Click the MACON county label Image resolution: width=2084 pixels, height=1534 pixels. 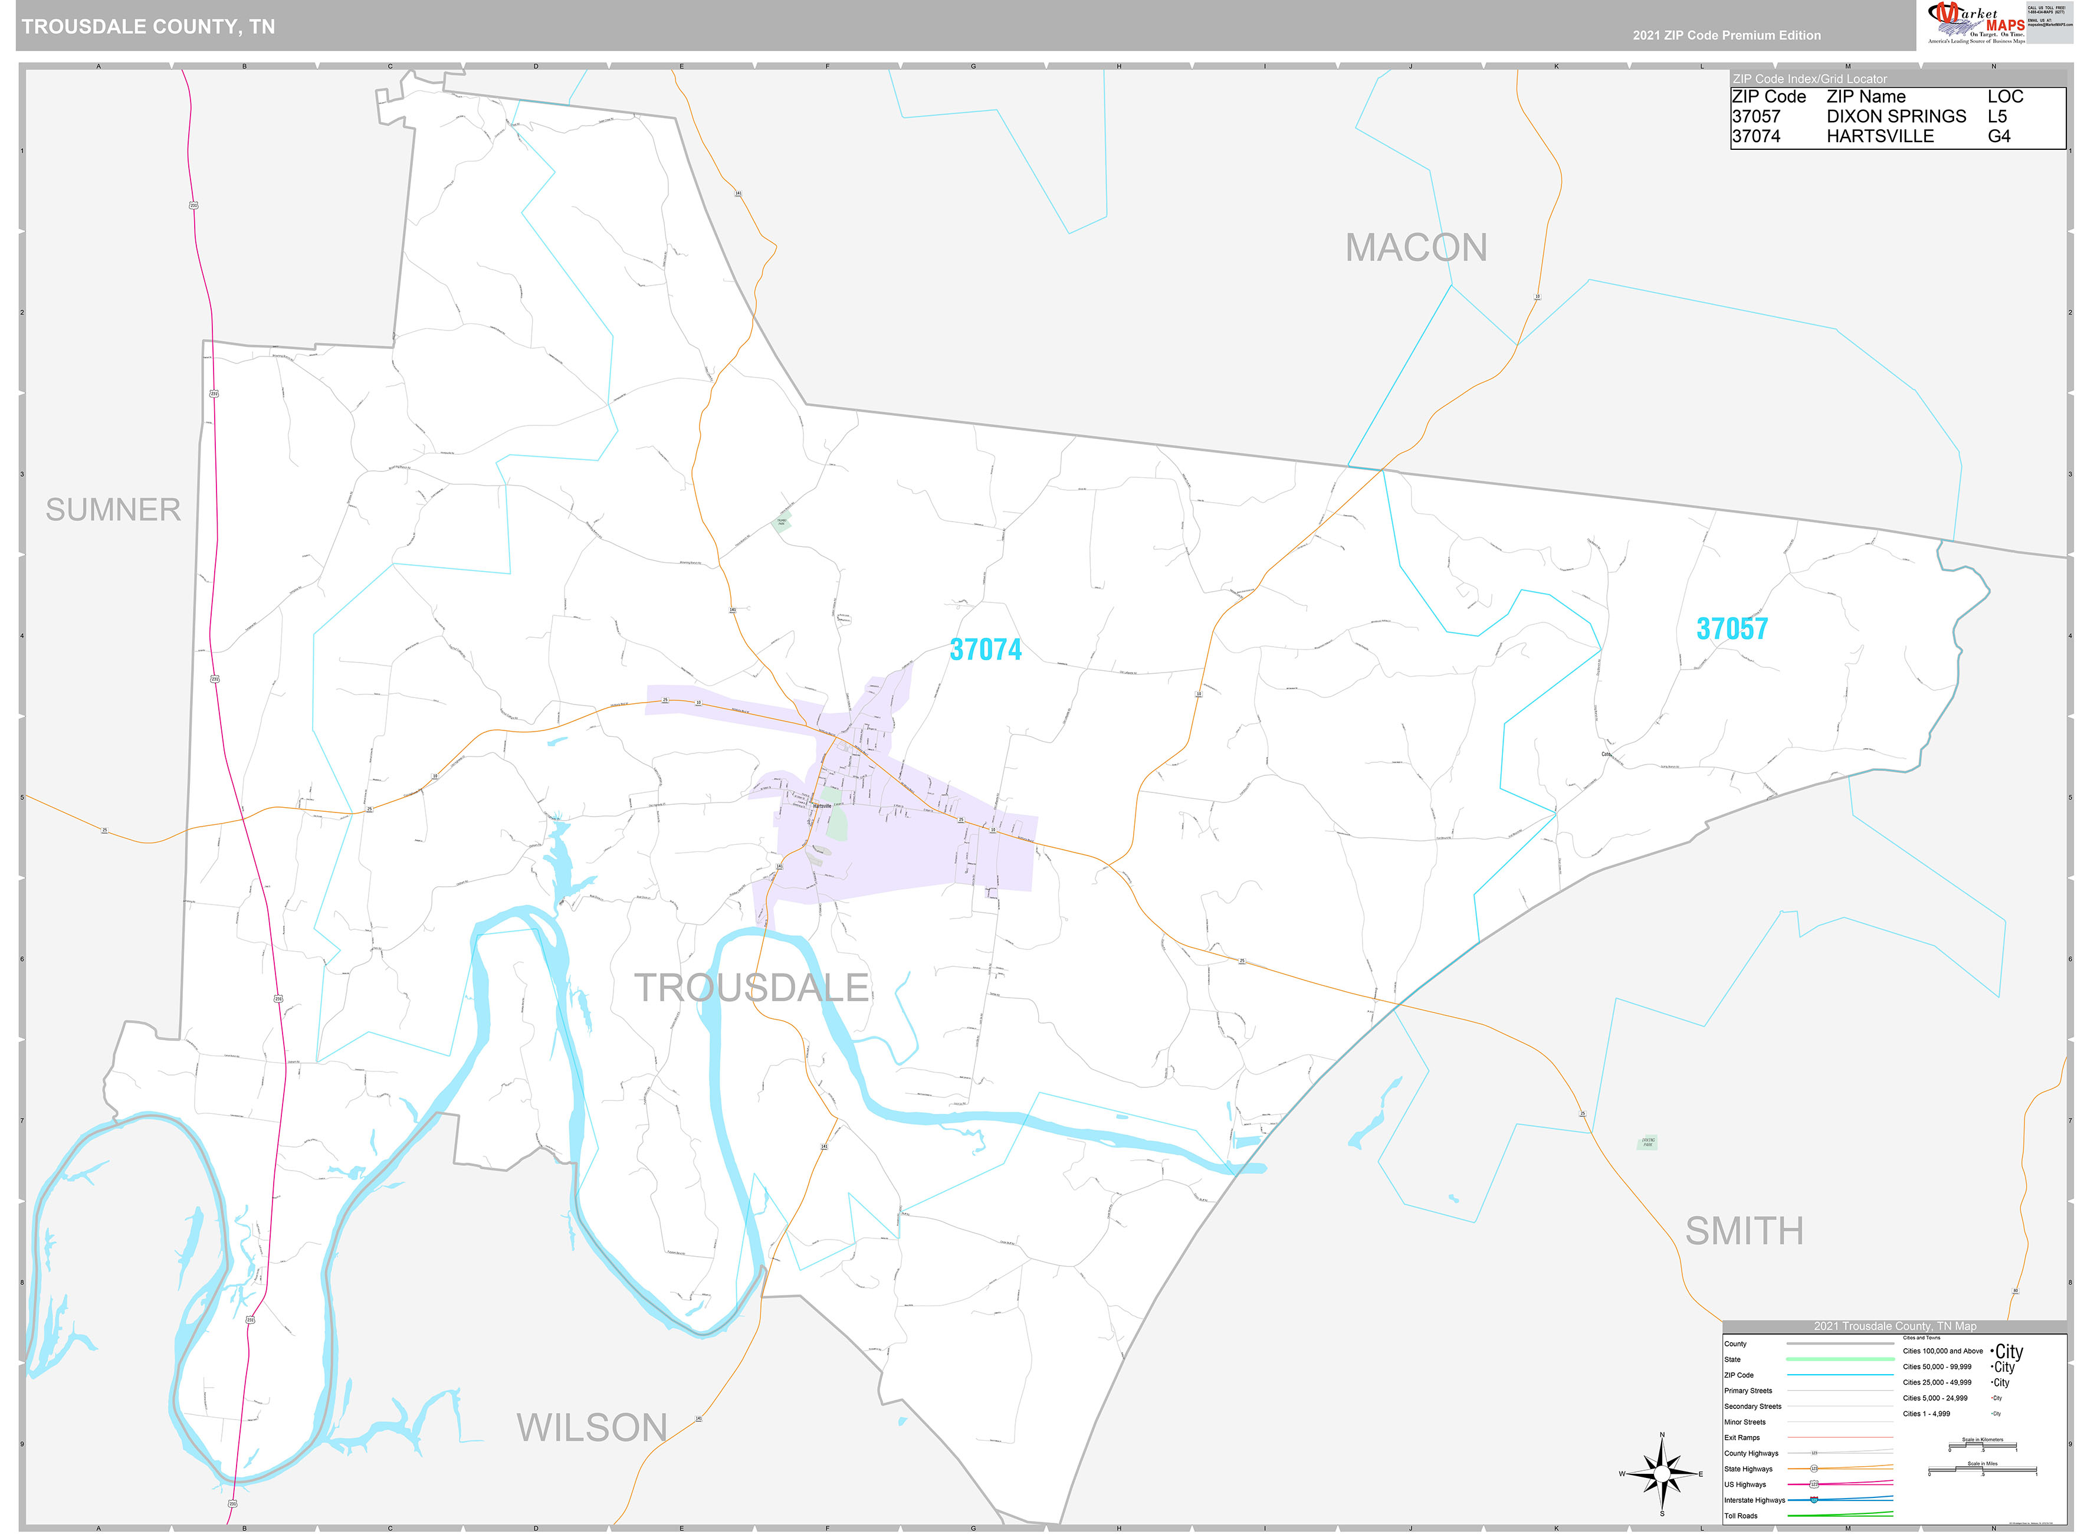point(1416,248)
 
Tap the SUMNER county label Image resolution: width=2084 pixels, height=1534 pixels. point(113,510)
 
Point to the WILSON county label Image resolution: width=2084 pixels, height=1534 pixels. point(591,1427)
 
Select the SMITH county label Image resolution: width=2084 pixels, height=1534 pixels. point(1744,1231)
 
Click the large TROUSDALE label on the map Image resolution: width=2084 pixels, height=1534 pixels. point(751,987)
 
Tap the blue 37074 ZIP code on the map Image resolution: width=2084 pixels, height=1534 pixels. point(985,650)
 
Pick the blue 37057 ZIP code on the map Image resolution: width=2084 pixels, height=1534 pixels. point(1732,628)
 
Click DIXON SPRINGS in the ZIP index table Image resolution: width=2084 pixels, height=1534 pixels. point(1896,116)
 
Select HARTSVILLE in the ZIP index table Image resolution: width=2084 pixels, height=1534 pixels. point(1880,136)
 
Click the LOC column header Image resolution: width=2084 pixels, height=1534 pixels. point(2005,97)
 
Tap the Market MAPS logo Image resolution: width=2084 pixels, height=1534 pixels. point(1975,22)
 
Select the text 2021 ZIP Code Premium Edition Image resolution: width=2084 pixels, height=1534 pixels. point(1727,35)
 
